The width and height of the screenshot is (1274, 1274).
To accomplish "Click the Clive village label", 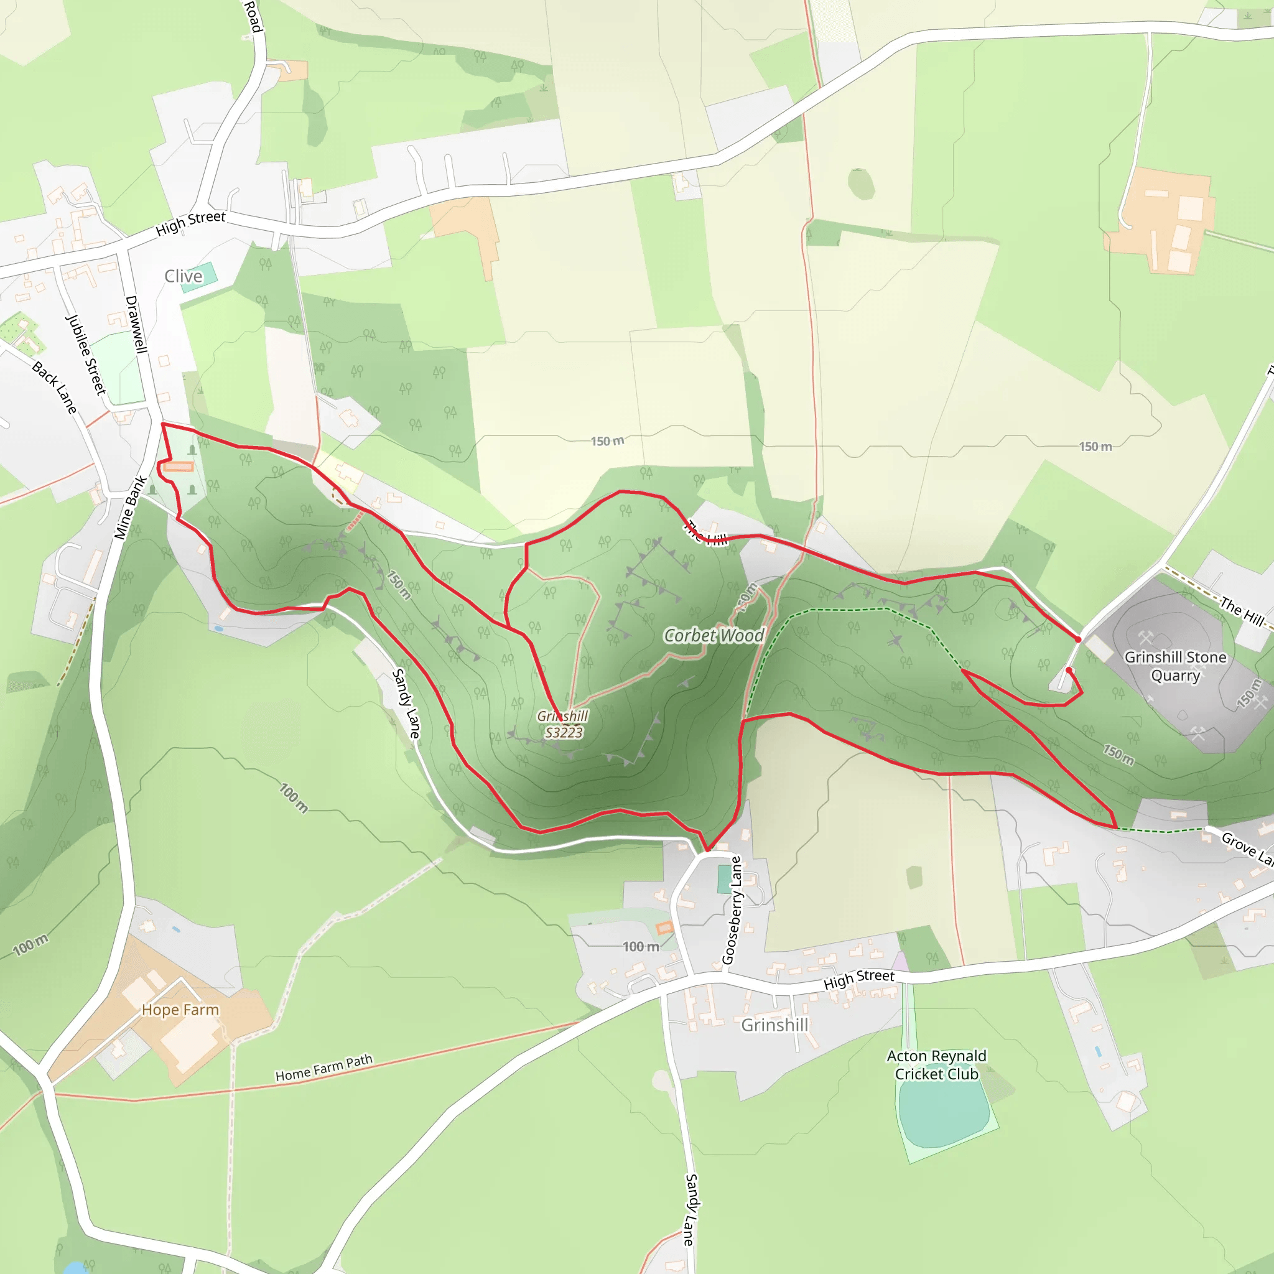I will click(184, 276).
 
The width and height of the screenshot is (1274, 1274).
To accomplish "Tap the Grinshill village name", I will click(774, 1025).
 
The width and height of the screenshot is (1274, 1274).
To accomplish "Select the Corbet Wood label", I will click(714, 636).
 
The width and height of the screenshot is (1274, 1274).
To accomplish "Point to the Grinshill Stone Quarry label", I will click(1175, 666).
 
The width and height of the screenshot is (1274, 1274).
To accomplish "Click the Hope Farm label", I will click(180, 1010).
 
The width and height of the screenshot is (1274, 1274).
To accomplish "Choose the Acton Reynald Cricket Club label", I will click(936, 1065).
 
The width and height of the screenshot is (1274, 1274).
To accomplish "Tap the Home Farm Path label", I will click(323, 1067).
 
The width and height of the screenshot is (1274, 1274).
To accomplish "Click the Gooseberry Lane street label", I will click(732, 910).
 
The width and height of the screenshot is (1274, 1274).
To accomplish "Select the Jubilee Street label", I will click(86, 354).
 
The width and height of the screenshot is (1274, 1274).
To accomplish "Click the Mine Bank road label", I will click(130, 507).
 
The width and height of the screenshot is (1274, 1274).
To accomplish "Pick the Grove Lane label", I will click(1246, 847).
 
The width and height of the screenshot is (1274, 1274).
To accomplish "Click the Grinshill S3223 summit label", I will click(563, 724).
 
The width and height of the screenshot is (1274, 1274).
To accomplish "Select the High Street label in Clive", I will click(190, 223).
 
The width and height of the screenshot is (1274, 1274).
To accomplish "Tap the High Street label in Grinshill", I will click(858, 979).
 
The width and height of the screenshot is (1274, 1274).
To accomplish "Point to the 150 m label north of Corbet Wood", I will click(607, 441).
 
